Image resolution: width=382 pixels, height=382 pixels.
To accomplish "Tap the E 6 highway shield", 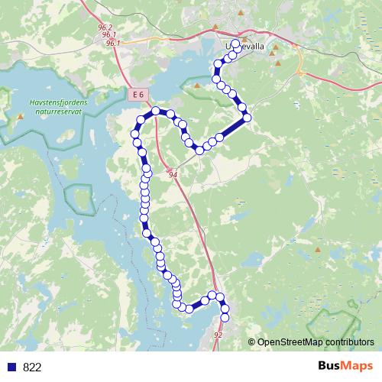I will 137,94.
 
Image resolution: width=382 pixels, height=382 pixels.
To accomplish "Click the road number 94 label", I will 173,175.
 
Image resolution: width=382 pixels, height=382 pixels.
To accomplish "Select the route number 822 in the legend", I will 32,367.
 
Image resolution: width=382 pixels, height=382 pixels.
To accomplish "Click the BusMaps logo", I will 345,366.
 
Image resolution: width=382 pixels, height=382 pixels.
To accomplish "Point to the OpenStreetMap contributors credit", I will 315,342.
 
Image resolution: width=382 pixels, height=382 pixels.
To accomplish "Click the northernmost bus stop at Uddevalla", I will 235,44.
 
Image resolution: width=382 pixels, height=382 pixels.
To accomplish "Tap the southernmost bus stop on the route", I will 225,317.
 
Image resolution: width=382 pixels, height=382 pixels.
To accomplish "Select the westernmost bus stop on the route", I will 135,134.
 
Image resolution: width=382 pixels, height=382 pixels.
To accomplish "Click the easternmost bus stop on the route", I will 246,118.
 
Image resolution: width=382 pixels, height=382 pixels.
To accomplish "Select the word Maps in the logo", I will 358,366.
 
